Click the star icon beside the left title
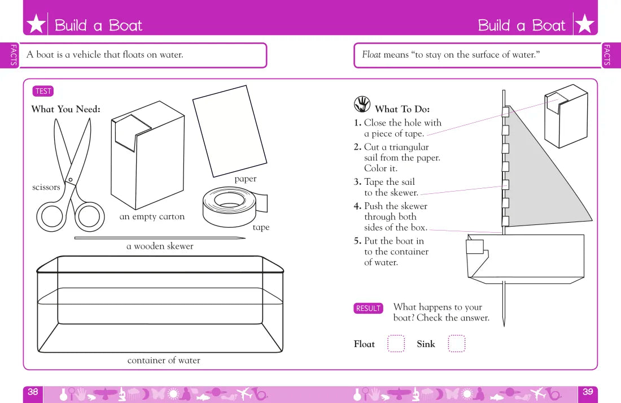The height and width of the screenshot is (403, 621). pyautogui.click(x=36, y=24)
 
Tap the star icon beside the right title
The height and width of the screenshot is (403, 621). pyautogui.click(x=584, y=24)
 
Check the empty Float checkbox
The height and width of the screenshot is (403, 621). pyautogui.click(x=396, y=344)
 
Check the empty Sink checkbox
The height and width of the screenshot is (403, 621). pyautogui.click(x=456, y=344)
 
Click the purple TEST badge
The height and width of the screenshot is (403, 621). pyautogui.click(x=43, y=91)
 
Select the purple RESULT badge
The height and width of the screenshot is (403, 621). pyautogui.click(x=368, y=308)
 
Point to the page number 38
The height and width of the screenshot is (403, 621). pyautogui.click(x=33, y=392)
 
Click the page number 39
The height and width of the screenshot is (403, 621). pyautogui.click(x=588, y=392)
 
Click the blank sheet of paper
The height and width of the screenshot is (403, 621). pyautogui.click(x=230, y=131)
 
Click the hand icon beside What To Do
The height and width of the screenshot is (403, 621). pyautogui.click(x=362, y=105)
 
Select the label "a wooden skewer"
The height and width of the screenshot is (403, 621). pyautogui.click(x=160, y=246)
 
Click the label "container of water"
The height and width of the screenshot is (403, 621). pyautogui.click(x=164, y=360)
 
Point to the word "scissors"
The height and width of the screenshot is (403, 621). pyautogui.click(x=46, y=187)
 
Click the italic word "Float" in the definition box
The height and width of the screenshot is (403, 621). pyautogui.click(x=371, y=55)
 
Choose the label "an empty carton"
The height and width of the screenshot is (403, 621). pyautogui.click(x=152, y=216)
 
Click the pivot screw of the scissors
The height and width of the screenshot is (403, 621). pyautogui.click(x=71, y=180)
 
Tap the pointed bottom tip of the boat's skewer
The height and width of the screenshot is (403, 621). pyautogui.click(x=504, y=326)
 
